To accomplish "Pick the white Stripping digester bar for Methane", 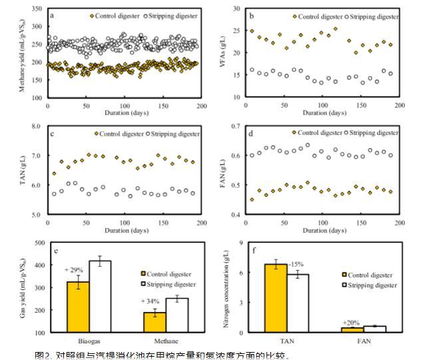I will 177,315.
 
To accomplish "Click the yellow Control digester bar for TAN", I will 276,298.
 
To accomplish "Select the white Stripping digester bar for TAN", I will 298,303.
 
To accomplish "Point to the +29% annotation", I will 74,270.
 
